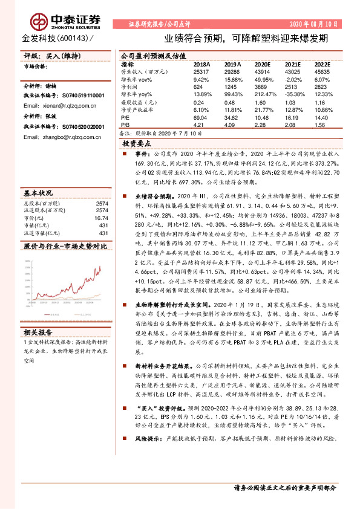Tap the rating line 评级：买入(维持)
51,56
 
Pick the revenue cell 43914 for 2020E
261,71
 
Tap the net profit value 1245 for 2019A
232,86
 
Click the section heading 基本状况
38,192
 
